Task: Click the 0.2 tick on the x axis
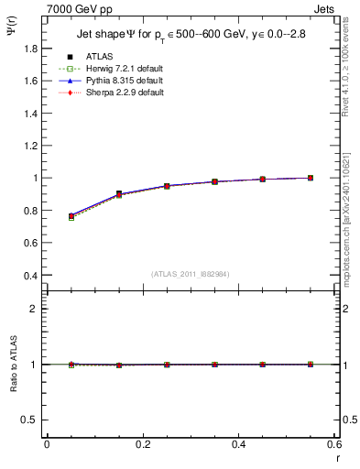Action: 142,444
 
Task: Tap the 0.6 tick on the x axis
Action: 333,444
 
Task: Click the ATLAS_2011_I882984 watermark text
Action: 191,275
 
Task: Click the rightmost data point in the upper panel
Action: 310,178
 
